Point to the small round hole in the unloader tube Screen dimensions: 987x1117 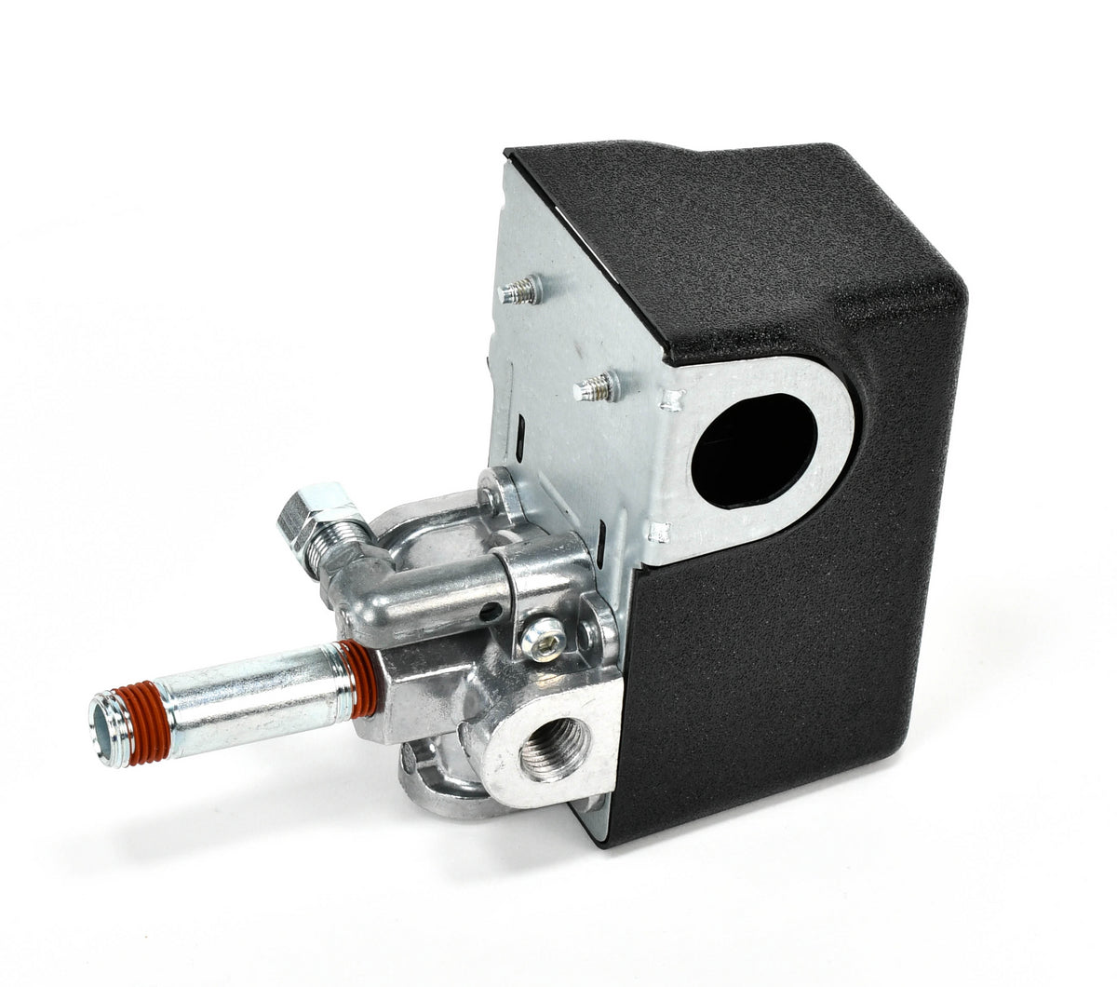point(482,615)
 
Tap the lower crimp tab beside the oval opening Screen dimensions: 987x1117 point(659,534)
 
